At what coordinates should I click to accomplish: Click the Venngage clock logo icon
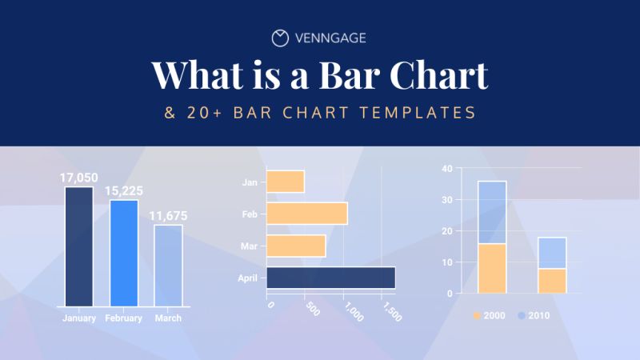point(280,38)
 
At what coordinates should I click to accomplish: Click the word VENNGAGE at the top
point(331,38)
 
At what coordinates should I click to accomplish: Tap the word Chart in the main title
point(440,74)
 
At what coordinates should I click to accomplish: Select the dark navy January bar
point(78,246)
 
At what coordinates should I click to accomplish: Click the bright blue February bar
point(123,253)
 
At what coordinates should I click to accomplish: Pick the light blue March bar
point(168,265)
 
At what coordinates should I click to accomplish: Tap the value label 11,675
point(168,216)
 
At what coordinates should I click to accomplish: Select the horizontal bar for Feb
point(306,214)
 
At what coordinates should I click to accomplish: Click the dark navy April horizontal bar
point(330,278)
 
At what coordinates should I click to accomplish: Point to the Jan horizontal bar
point(285,182)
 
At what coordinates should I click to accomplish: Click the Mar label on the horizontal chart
point(249,246)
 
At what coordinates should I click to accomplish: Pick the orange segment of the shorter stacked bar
point(552,281)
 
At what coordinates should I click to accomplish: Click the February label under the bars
point(123,318)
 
